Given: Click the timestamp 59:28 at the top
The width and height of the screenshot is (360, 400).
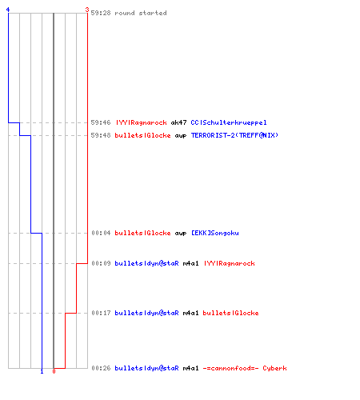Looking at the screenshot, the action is click(101, 13).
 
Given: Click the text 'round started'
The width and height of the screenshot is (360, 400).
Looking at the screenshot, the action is click(141, 13).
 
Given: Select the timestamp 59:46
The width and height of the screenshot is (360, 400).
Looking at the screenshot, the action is click(101, 122).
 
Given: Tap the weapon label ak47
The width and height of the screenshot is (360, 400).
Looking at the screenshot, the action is click(178, 122).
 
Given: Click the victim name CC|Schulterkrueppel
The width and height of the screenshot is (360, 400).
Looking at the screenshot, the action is click(229, 122).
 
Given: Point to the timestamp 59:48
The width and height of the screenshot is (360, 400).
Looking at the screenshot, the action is click(101, 135).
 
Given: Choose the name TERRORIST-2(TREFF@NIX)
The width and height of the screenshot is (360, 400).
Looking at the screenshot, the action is click(234, 135).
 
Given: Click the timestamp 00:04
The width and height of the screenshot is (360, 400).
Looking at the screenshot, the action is click(101, 233).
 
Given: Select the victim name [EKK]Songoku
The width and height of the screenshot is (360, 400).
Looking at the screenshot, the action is click(215, 233).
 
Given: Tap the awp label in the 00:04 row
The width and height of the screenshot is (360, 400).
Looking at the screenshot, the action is click(181, 234).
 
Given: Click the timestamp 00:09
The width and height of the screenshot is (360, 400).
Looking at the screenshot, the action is click(101, 263).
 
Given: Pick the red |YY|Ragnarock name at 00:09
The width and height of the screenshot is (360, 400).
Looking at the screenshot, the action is click(230, 263).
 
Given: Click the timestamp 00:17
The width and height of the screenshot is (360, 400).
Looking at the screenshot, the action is click(101, 313).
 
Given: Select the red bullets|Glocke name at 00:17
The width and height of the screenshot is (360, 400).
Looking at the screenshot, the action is click(230, 313).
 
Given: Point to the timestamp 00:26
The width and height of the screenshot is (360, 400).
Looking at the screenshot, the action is click(101, 368).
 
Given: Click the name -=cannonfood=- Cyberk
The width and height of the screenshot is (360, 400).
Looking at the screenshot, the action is click(245, 368).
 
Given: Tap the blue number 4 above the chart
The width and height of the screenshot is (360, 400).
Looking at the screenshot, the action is click(8, 10).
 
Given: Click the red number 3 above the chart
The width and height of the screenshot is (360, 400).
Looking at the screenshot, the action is click(87, 10).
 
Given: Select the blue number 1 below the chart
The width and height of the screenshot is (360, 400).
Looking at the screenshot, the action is click(42, 371).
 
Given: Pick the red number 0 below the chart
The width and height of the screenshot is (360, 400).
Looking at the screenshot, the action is click(54, 371).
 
